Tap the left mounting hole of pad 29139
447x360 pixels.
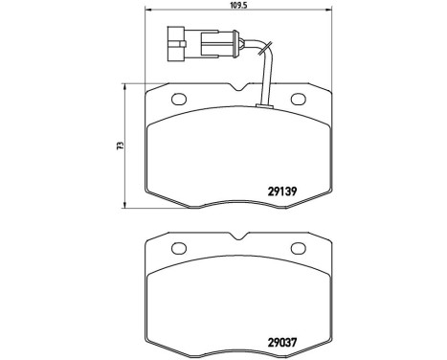(x=179, y=99)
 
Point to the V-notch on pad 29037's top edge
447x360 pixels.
(x=238, y=239)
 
